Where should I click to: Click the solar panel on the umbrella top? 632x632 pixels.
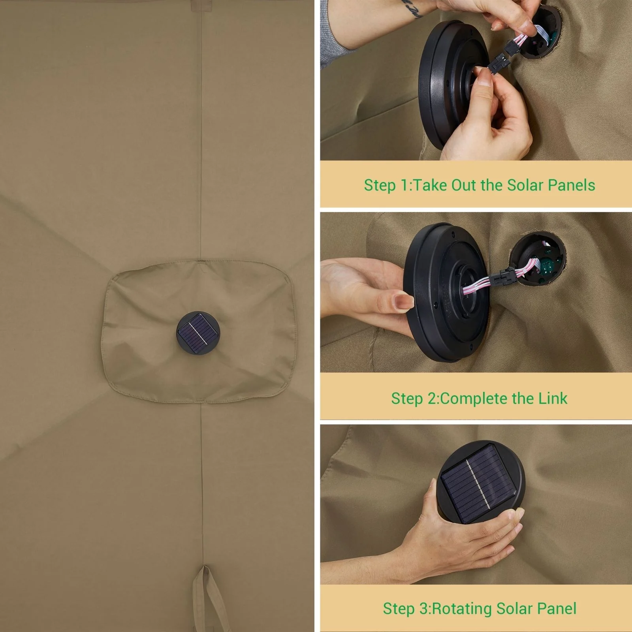197,333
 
